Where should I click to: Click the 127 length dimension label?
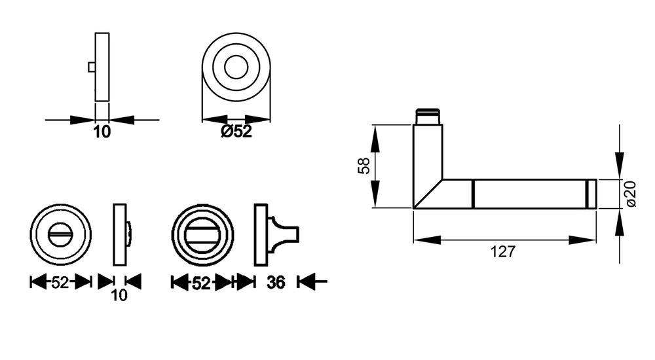tap(503, 252)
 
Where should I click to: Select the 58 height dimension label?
tap(364, 166)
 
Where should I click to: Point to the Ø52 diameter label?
tap(236, 132)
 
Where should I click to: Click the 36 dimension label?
tap(276, 283)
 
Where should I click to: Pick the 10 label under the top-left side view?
tap(102, 132)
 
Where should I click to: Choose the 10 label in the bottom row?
tap(119, 295)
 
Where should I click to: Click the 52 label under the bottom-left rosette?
tap(60, 283)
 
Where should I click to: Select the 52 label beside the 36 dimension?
tap(201, 283)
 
